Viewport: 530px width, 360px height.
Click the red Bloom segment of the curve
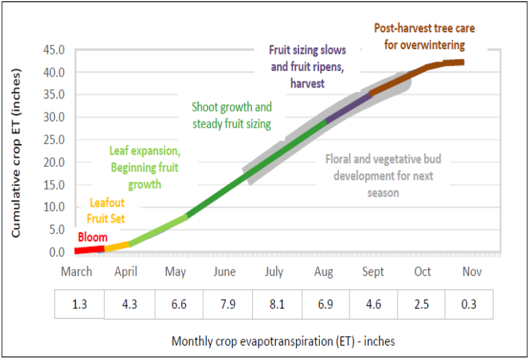[x=90, y=249]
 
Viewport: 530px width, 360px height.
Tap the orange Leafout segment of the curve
[x=117, y=245]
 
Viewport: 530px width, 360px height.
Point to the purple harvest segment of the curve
[x=349, y=108]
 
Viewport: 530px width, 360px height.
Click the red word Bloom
[x=92, y=237]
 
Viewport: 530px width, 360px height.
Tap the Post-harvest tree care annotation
[x=425, y=37]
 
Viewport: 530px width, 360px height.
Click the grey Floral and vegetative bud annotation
[x=383, y=176]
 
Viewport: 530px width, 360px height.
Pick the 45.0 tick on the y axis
[x=53, y=50]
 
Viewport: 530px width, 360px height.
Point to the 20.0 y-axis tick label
[x=53, y=162]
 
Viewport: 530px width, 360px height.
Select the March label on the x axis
[x=77, y=272]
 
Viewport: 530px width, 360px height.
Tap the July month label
[x=274, y=272]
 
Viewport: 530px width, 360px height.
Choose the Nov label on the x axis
[x=471, y=272]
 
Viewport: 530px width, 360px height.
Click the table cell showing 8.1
[x=277, y=304]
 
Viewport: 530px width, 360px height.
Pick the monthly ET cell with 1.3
[x=80, y=304]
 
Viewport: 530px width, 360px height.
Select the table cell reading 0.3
[x=469, y=304]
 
